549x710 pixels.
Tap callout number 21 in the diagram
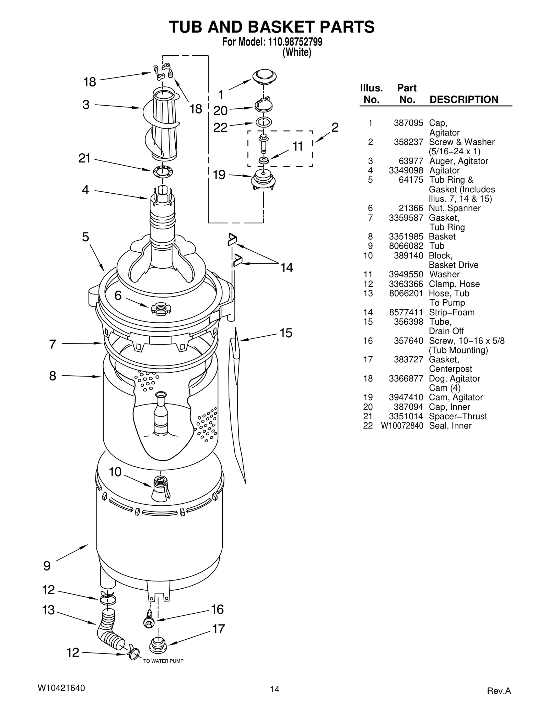84,158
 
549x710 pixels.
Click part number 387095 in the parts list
408,123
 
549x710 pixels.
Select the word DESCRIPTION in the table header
464,99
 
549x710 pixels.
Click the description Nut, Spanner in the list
455,208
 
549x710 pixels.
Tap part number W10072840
402,426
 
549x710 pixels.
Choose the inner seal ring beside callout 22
264,122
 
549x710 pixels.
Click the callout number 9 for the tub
47,566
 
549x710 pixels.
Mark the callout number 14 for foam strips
287,267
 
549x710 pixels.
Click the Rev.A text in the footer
499,691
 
